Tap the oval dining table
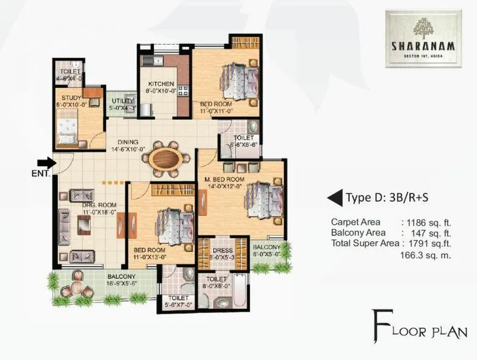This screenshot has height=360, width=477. point(165,158)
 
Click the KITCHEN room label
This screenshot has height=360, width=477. point(160,84)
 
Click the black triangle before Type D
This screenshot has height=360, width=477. point(335,197)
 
